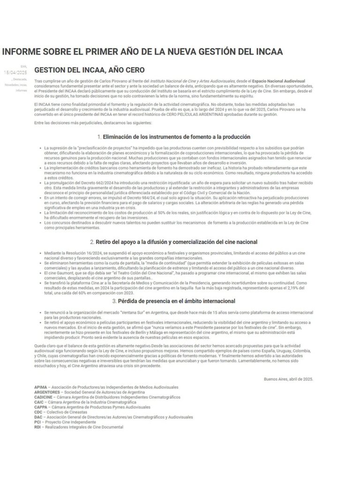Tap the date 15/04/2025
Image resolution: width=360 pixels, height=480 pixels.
pos(15,72)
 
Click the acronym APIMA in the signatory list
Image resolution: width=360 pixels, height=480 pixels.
pos(41,387)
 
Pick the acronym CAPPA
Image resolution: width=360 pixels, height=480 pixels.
pos(41,407)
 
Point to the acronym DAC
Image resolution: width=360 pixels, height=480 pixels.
pos(38,417)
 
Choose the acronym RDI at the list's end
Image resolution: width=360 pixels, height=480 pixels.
pos(37,427)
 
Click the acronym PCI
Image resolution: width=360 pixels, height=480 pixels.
pos(37,422)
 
